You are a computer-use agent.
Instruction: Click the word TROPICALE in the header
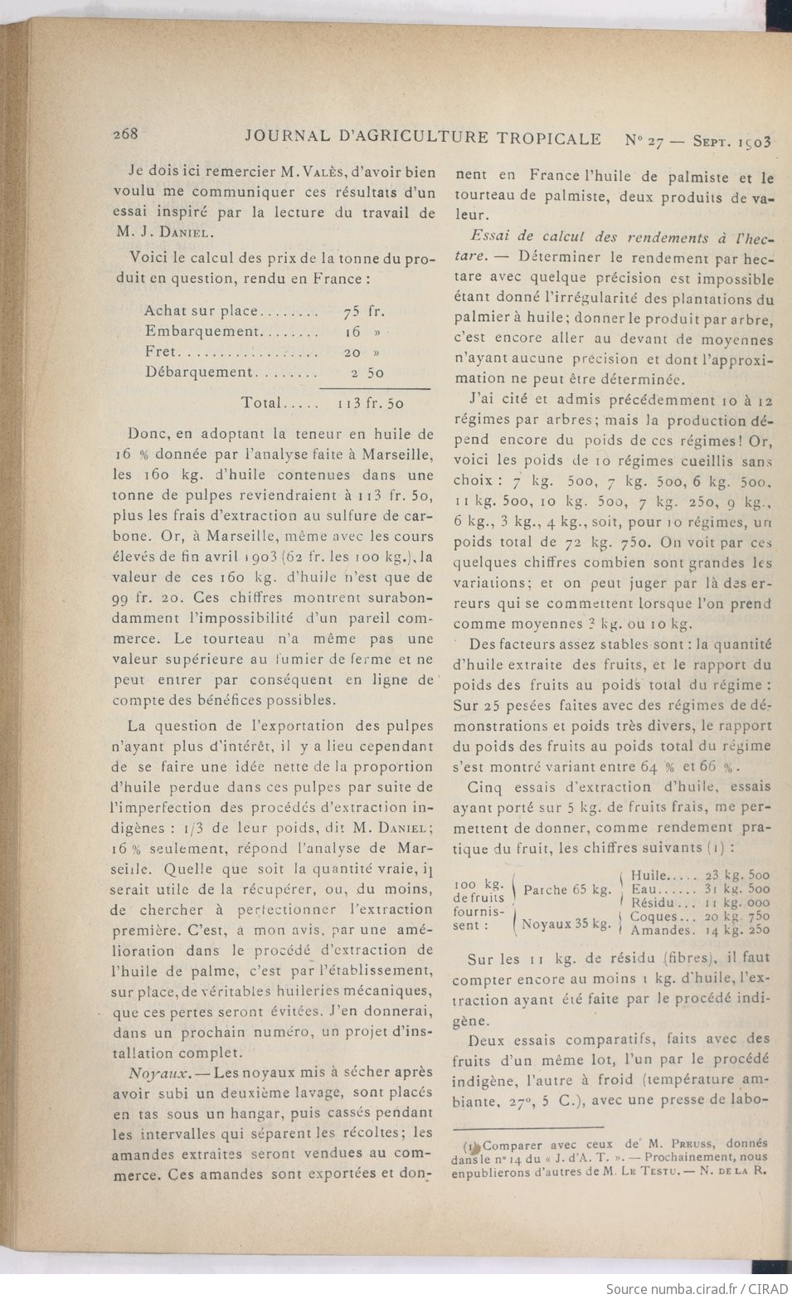pos(550,138)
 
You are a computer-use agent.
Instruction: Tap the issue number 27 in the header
pos(655,139)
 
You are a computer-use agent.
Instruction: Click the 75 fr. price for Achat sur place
pos(363,312)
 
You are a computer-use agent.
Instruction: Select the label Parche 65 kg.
pos(568,890)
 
